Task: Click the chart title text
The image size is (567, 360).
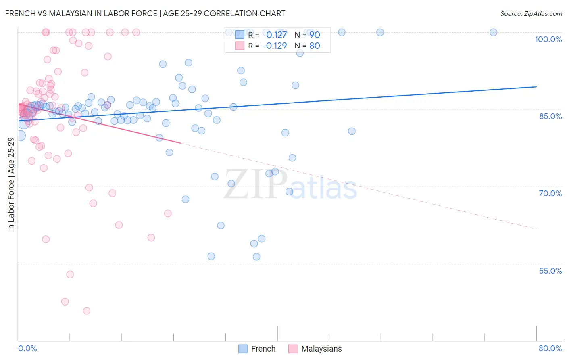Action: [x=145, y=13]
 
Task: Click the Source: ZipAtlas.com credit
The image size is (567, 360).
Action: [x=531, y=13]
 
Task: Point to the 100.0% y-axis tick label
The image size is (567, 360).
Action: [x=548, y=39]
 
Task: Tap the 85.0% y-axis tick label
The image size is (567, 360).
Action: [x=550, y=116]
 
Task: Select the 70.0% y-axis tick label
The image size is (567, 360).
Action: [x=550, y=193]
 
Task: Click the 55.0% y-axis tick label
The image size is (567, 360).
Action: [x=550, y=271]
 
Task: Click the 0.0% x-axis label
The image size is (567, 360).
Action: [x=27, y=348]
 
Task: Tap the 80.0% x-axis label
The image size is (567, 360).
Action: [x=550, y=348]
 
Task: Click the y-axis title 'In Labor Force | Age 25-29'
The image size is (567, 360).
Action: [x=11, y=184]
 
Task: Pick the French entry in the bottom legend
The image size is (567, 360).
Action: [x=263, y=349]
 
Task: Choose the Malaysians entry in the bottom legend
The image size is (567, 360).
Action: [x=321, y=349]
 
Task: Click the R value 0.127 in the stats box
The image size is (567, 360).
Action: [x=276, y=35]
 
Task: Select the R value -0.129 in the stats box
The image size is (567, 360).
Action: [x=274, y=46]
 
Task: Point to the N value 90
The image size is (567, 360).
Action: [x=315, y=35]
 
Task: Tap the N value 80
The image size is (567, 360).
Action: [x=315, y=46]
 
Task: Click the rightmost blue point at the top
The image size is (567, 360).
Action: [x=493, y=32]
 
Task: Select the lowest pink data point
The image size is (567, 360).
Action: [x=86, y=311]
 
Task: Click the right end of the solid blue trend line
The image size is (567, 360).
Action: [x=536, y=87]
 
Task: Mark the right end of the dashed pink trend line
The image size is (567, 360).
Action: [x=536, y=229]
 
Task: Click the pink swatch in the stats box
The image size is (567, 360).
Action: [x=240, y=46]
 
